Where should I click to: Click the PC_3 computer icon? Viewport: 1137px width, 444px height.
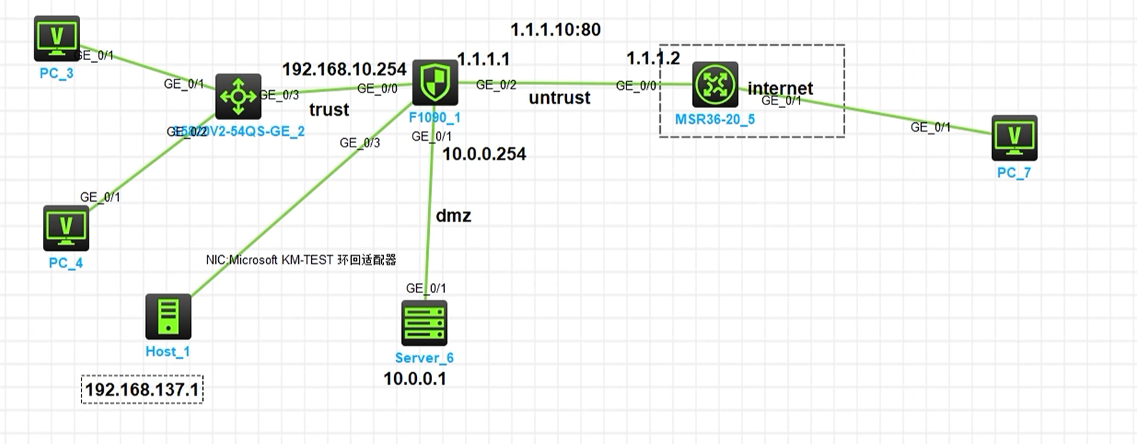pos(56,39)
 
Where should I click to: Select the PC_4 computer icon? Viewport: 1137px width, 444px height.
pos(66,228)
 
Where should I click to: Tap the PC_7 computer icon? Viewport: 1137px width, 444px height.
pos(1014,138)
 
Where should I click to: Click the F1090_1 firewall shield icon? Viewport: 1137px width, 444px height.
pos(435,82)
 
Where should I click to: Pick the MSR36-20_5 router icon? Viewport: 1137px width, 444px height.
pos(714,84)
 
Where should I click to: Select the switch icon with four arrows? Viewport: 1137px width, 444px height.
pos(238,97)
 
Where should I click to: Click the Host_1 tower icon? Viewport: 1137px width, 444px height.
pos(168,317)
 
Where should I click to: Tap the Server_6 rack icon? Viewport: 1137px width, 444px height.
pos(424,322)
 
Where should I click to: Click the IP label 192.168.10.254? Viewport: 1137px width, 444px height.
pos(344,69)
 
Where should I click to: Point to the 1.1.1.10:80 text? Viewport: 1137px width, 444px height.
pos(555,30)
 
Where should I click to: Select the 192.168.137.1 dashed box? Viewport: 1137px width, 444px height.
pos(142,390)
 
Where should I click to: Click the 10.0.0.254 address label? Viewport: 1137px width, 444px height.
pos(484,154)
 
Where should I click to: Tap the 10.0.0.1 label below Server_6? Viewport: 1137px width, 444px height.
pos(415,379)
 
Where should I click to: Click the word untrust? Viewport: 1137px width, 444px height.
pos(559,98)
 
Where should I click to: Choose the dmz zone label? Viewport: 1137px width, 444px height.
pos(453,216)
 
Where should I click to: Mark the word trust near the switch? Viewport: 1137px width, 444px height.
pos(329,110)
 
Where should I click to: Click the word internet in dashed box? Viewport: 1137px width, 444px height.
pos(780,88)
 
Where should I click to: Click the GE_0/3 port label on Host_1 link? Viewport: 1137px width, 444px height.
pos(360,143)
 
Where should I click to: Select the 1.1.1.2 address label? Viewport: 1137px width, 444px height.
pos(653,59)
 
